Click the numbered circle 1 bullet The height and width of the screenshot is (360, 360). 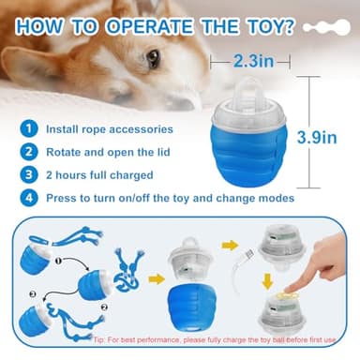point(31,127)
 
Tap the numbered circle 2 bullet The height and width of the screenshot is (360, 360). point(31,150)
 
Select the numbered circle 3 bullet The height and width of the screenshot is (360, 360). point(31,173)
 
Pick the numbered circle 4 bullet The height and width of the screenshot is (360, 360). point(31,198)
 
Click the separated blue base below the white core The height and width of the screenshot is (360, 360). point(191,310)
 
